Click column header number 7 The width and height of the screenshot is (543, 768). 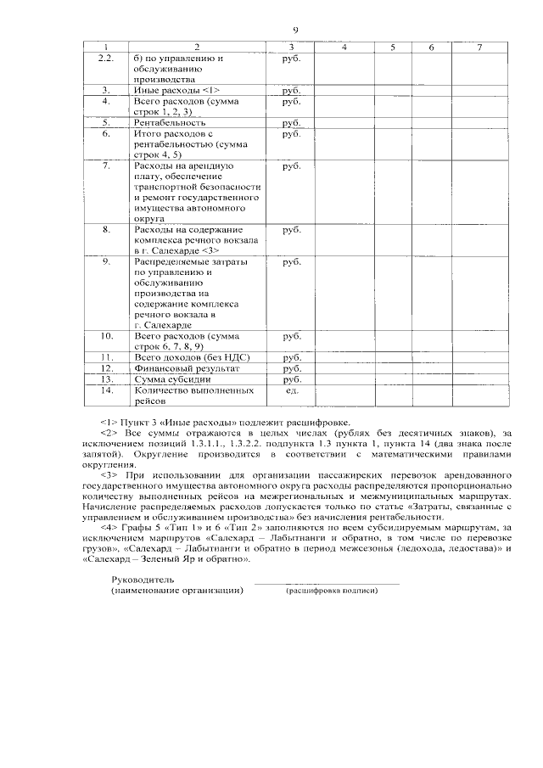click(480, 46)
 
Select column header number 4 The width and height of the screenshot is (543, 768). click(344, 46)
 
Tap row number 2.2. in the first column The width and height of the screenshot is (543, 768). click(106, 58)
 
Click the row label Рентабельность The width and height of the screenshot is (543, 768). click(170, 122)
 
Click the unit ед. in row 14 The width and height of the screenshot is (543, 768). click(291, 391)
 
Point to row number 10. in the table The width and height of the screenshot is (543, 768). click(106, 336)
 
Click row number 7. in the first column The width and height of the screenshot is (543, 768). click(106, 166)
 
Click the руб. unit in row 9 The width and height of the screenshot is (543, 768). click(291, 262)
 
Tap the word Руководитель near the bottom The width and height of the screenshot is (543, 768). click(143, 579)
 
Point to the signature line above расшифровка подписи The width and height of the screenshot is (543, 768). click(327, 583)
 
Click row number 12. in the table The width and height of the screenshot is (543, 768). click(106, 369)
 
